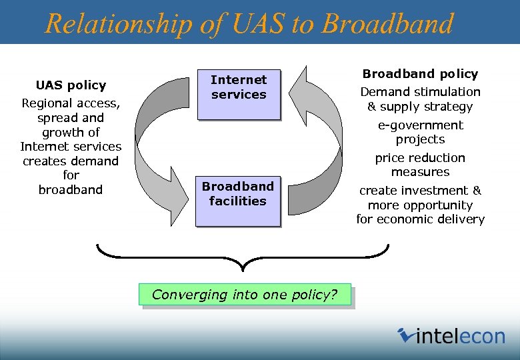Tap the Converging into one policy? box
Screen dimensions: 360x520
(x=245, y=295)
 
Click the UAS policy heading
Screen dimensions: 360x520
(x=71, y=85)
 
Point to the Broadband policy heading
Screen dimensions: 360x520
(x=420, y=74)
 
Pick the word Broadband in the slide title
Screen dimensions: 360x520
(x=387, y=24)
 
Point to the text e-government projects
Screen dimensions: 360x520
(x=420, y=132)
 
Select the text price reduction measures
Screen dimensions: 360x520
(x=420, y=165)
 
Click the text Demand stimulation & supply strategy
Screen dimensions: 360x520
(x=420, y=99)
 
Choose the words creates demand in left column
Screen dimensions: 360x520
(x=71, y=161)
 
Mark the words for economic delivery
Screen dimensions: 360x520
(x=420, y=219)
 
